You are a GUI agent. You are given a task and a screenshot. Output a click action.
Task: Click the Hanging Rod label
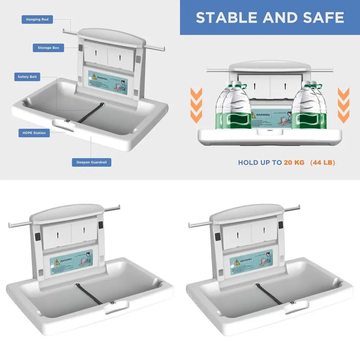point(37,19)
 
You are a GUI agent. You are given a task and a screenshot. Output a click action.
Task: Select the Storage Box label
point(48,48)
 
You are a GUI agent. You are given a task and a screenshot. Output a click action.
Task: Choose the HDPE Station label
point(34,133)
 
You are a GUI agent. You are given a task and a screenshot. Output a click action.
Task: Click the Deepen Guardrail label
point(91,162)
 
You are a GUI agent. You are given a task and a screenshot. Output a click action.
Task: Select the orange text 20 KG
point(294,163)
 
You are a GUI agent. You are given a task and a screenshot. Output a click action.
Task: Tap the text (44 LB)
point(323,163)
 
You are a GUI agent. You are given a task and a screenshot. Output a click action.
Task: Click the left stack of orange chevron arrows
point(196,104)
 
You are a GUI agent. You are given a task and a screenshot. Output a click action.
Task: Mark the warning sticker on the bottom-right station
point(251,260)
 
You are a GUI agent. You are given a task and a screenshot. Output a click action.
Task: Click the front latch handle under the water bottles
point(269,131)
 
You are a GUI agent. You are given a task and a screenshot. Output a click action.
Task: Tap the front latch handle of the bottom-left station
point(116,306)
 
